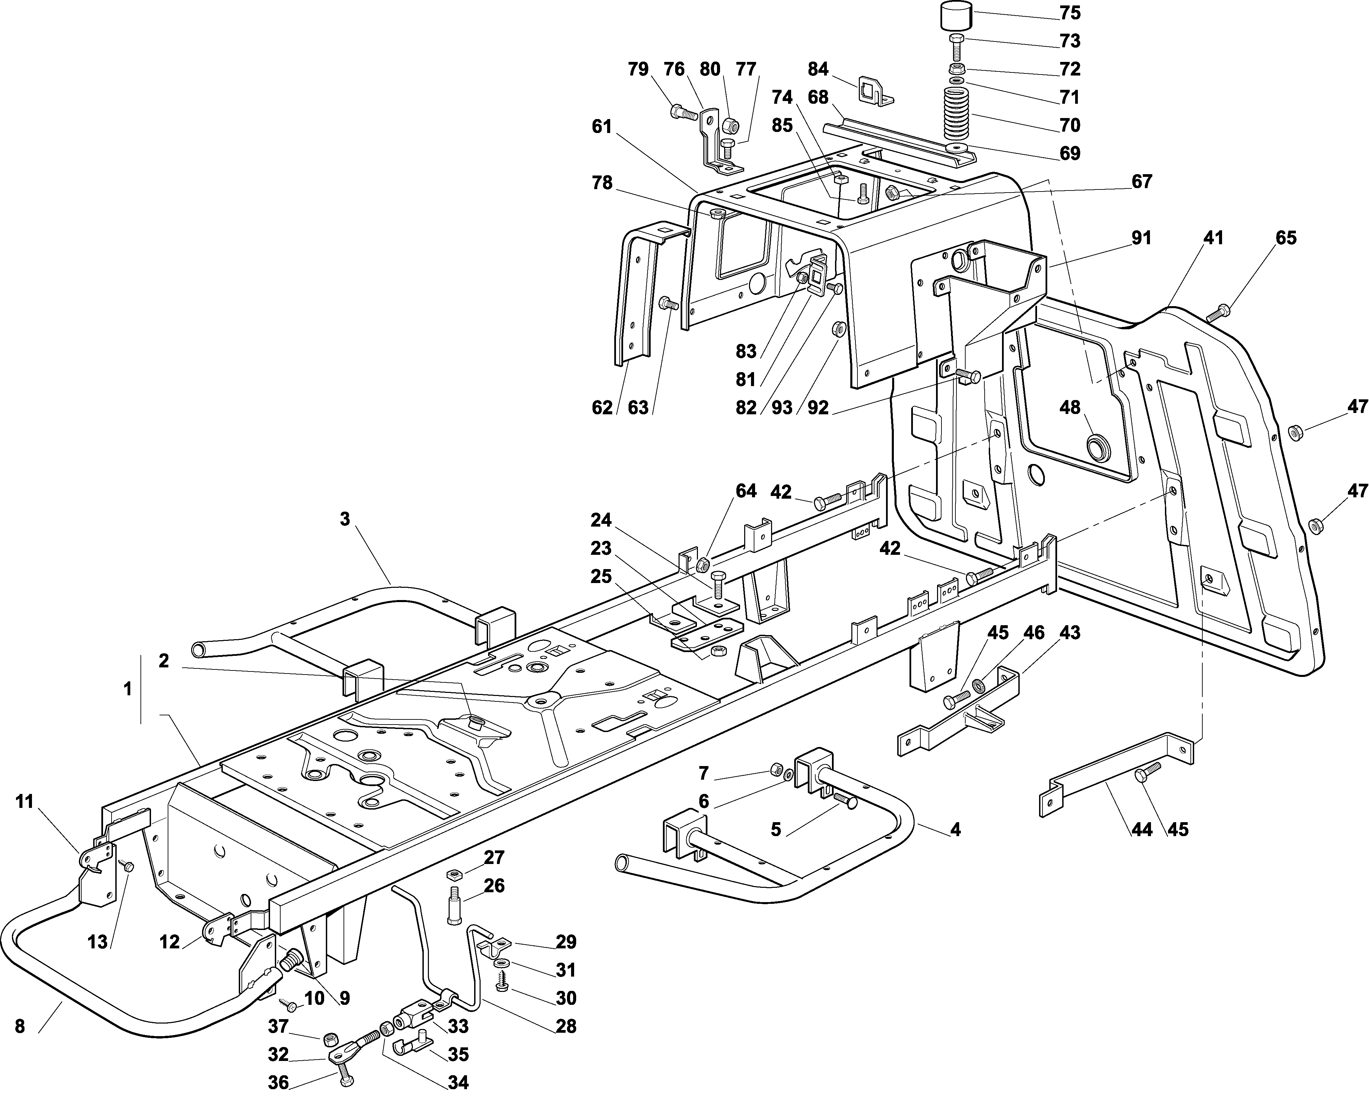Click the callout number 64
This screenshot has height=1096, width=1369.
[x=746, y=491]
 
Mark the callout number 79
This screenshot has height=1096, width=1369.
[x=638, y=69]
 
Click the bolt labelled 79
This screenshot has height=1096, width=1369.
[x=683, y=113]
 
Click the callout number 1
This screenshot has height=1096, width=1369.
[x=128, y=688]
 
